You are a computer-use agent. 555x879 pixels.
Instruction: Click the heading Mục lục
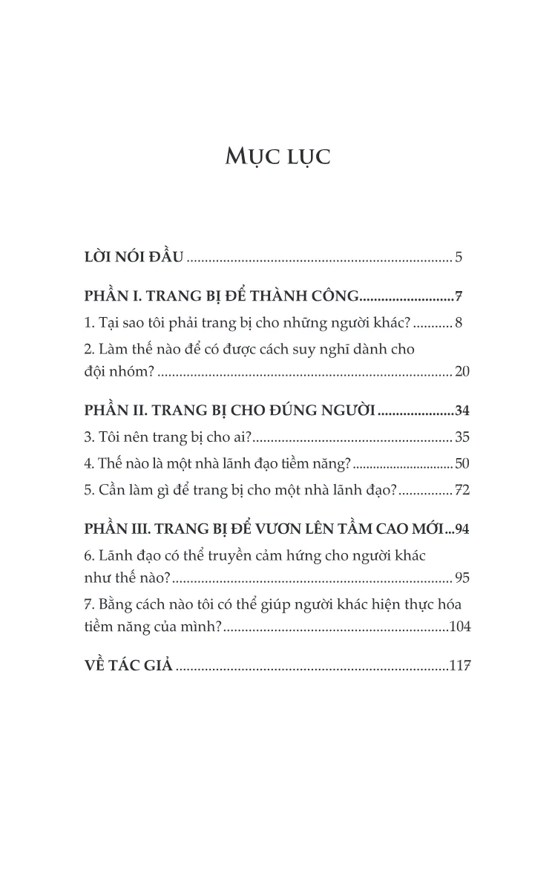tap(277, 157)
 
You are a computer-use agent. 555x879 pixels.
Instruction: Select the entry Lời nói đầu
tap(134, 258)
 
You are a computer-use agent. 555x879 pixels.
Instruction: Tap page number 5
tap(459, 258)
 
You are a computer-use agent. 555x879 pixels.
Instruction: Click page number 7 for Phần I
tap(459, 297)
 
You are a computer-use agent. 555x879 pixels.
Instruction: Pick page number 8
tap(459, 323)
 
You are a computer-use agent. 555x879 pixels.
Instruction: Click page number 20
tap(462, 372)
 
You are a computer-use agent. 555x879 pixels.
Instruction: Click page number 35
tap(462, 437)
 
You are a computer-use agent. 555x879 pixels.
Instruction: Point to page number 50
tap(462, 464)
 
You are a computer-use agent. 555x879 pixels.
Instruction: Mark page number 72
tap(462, 490)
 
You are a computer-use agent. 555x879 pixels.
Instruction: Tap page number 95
tap(462, 578)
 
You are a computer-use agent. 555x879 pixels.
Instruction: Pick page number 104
tap(460, 627)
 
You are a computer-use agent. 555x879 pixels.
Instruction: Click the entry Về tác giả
tap(128, 665)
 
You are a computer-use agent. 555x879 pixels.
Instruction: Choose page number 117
tap(460, 666)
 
